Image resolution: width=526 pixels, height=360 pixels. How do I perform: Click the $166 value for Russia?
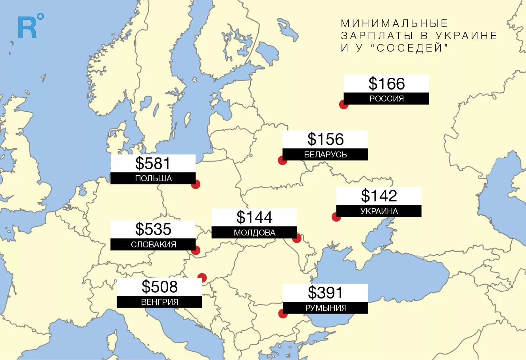pyautogui.click(x=386, y=84)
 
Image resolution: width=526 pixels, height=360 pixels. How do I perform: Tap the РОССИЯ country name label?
pyautogui.click(x=386, y=99)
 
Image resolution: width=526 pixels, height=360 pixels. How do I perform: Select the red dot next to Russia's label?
pyautogui.click(x=344, y=105)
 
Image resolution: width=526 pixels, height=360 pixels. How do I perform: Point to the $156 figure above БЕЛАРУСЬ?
pyautogui.click(x=325, y=139)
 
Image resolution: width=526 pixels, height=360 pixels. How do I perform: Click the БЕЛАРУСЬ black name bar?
pyautogui.click(x=325, y=155)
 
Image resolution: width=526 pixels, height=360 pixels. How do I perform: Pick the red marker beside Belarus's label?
pyautogui.click(x=282, y=160)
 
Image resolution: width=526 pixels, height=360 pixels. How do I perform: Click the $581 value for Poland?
pyautogui.click(x=153, y=163)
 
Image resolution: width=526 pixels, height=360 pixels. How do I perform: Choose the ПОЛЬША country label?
pyautogui.click(x=153, y=178)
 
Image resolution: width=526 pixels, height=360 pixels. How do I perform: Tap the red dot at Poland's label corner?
pyautogui.click(x=196, y=184)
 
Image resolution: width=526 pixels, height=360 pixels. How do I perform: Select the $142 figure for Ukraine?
pyautogui.click(x=379, y=196)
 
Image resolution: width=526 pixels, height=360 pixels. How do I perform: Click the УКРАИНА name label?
pyautogui.click(x=379, y=211)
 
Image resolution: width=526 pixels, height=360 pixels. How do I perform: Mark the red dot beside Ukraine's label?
pyautogui.click(x=336, y=217)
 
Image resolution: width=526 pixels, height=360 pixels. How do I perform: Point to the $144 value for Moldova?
pyautogui.click(x=254, y=217)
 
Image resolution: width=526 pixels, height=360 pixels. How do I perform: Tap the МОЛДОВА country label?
pyautogui.click(x=254, y=232)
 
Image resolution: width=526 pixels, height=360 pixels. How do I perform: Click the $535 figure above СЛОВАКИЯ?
pyautogui.click(x=153, y=229)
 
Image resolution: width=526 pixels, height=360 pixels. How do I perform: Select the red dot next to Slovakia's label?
pyautogui.click(x=196, y=250)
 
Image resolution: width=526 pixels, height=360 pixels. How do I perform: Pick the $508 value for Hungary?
pyautogui.click(x=159, y=287)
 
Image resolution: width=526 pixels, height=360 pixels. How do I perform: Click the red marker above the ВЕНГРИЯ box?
pyautogui.click(x=202, y=278)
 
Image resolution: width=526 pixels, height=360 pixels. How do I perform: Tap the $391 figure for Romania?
pyautogui.click(x=325, y=293)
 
